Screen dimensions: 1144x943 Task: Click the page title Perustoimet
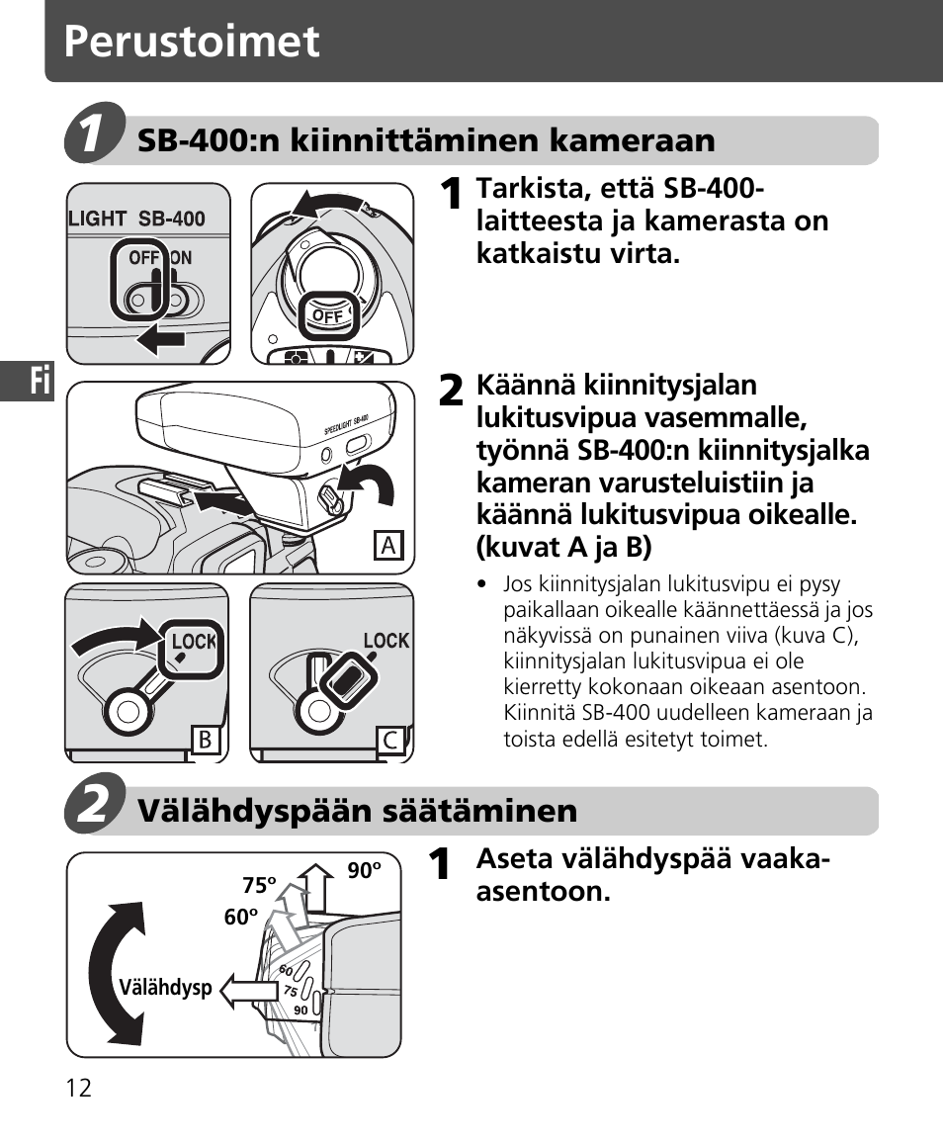click(193, 43)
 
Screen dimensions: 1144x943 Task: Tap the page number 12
click(79, 1089)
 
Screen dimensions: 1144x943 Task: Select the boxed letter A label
click(388, 545)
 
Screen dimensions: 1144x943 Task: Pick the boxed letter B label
click(205, 741)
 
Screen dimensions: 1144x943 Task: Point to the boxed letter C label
click(390, 741)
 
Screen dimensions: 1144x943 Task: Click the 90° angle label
click(364, 871)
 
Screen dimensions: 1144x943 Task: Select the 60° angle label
click(240, 918)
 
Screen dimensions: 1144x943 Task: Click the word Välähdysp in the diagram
click(166, 987)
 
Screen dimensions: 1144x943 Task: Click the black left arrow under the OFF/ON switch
click(161, 341)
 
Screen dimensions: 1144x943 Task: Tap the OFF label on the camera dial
click(327, 316)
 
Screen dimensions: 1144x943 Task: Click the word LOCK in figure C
click(386, 641)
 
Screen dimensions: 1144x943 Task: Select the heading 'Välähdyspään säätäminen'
click(357, 812)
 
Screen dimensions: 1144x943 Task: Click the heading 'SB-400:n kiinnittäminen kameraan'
click(426, 140)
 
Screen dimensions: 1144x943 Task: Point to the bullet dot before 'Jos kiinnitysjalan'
click(482, 584)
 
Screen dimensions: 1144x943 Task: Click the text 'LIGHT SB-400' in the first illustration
click(136, 219)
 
